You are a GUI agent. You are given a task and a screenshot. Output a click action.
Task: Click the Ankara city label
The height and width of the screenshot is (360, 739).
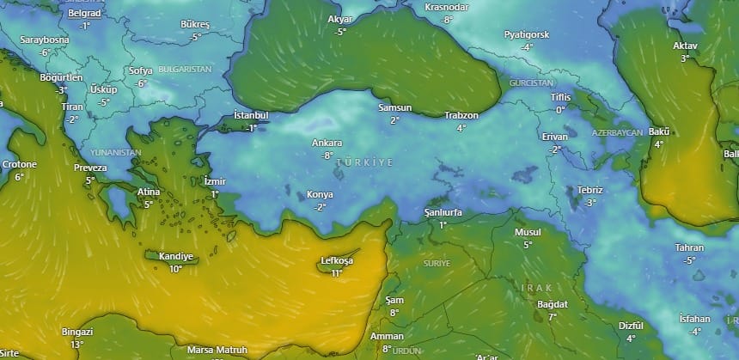point(327,143)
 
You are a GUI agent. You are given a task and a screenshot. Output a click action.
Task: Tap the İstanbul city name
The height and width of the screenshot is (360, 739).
point(251,115)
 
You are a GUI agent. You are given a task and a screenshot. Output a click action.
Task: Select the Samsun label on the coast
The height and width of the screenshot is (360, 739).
point(394,108)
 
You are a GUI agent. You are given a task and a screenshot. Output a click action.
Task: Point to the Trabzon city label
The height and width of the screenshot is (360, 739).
point(461,115)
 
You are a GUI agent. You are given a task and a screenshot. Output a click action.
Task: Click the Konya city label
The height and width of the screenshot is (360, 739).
point(320,195)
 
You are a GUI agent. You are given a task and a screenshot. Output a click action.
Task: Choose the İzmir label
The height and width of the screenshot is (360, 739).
point(214,182)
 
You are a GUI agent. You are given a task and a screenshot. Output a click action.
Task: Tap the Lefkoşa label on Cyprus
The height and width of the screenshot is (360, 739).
point(336,261)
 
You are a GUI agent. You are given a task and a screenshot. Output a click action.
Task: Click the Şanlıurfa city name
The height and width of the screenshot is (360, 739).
point(443,212)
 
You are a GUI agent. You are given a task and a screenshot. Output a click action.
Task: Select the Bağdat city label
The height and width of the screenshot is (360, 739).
point(553,304)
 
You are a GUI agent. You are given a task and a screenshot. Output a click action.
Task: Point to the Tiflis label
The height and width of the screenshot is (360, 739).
point(560,97)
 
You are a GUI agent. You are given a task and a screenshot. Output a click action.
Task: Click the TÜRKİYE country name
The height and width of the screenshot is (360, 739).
point(365,162)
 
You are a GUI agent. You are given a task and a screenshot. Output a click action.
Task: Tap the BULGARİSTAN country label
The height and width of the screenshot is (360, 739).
point(184,68)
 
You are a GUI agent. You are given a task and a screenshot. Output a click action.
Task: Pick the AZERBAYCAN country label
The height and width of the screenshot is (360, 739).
point(617,133)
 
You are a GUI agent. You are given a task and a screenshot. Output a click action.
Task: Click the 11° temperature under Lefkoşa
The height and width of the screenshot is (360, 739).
point(336,273)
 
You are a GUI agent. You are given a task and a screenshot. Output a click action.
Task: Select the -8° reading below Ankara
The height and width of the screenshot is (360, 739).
point(327,156)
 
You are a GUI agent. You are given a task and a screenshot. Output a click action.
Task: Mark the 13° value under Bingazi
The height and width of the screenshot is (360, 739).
point(77,344)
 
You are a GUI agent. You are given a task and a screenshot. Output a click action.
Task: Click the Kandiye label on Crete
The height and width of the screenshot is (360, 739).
point(175,257)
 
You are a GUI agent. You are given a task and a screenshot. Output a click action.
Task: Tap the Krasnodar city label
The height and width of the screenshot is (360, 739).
point(446,7)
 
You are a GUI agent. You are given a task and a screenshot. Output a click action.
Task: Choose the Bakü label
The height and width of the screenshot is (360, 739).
point(659,131)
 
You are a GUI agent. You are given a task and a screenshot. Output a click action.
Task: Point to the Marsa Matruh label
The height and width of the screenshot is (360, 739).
point(217,350)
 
